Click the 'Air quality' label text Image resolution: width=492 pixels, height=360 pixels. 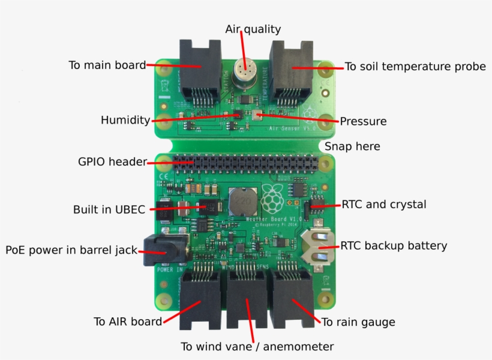coord(253,29)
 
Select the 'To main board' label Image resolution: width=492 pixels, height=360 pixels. coord(107,65)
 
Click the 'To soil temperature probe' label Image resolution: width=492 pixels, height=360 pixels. coord(415,67)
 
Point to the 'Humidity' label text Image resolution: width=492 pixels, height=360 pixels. coord(125,120)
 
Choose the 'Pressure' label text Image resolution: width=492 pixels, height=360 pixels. coord(363,121)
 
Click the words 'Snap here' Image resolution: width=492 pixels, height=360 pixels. coord(352,146)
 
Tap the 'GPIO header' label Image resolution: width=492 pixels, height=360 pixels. coord(112,162)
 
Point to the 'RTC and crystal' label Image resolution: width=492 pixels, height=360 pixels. coord(383,205)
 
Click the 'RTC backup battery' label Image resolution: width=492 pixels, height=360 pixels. coord(394,245)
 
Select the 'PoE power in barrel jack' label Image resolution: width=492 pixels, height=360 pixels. coord(71,250)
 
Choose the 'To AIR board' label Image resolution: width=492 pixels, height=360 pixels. coord(127,322)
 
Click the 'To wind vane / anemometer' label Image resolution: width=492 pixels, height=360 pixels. coord(257,347)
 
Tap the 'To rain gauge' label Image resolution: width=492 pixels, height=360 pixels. coord(358,322)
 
